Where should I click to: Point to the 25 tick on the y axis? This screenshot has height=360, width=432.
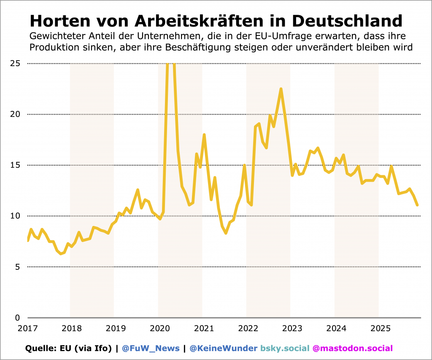(15, 64)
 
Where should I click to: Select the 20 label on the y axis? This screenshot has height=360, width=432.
(15, 114)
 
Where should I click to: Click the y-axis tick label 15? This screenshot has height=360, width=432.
(15, 165)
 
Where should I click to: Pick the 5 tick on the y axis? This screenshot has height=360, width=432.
(18, 267)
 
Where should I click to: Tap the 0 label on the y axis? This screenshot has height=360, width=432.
(18, 318)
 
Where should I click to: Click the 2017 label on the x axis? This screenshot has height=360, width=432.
(26, 328)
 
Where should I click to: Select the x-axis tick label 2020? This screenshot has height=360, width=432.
(159, 328)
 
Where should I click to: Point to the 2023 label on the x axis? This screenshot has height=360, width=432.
(291, 328)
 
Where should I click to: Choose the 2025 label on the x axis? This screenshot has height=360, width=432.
(379, 328)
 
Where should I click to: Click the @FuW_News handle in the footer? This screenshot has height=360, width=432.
(151, 349)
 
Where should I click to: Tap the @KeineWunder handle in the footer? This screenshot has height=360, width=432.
(223, 349)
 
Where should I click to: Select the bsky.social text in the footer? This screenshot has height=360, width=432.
(285, 349)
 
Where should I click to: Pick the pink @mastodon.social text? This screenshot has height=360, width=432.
(352, 349)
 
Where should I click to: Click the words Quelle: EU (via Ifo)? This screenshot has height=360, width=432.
(69, 349)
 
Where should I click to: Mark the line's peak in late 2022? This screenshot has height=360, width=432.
(281, 89)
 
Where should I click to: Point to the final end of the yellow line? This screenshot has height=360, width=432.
(417, 205)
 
